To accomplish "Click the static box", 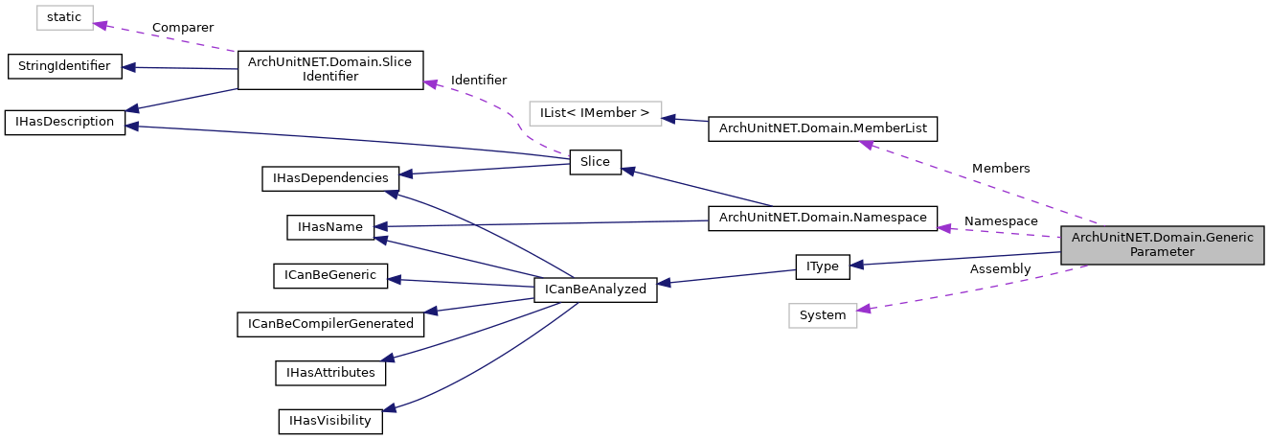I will tap(66, 17).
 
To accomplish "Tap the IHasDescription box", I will tap(65, 123).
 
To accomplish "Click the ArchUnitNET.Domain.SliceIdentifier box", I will tap(329, 69).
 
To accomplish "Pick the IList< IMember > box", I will tap(595, 113).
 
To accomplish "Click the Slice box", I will tap(595, 162).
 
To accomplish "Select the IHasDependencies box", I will tap(330, 178).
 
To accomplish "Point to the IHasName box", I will tap(330, 227).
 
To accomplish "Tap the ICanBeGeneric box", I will tap(330, 276).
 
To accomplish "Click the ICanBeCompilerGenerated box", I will tap(330, 324).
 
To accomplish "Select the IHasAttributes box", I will tap(330, 372).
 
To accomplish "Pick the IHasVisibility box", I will tap(330, 421).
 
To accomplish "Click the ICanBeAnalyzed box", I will tap(595, 289).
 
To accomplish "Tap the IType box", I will tap(823, 266).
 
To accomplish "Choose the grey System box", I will tap(823, 315).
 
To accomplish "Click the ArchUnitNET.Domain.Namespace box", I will tap(823, 219).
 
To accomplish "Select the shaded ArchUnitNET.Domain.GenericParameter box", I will tap(1162, 244).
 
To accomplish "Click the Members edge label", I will tap(1001, 169).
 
